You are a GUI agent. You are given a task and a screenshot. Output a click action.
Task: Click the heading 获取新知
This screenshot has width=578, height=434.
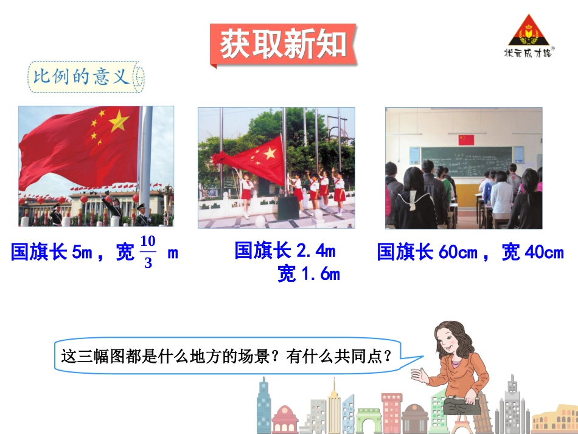[x=283, y=44]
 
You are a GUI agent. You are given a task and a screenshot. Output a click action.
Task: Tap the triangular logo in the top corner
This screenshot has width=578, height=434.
[x=528, y=32]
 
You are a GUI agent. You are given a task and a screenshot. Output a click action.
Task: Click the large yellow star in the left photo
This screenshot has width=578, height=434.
[x=119, y=121]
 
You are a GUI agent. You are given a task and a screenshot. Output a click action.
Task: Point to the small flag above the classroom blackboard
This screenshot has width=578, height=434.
[x=466, y=139]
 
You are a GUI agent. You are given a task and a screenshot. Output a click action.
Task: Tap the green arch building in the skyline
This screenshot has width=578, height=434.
[x=369, y=421]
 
